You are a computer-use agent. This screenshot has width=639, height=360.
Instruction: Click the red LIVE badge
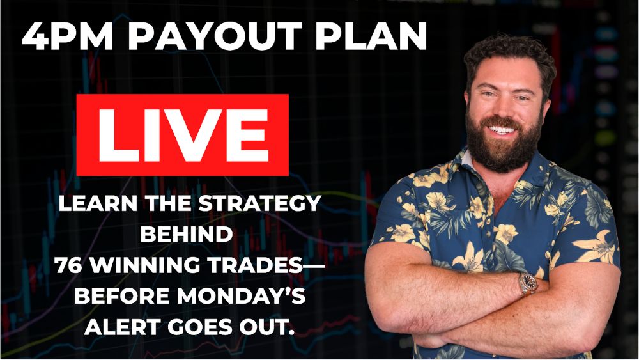183,135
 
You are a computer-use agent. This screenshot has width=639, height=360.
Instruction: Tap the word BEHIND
187,235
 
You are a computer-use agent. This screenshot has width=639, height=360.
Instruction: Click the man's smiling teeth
502,130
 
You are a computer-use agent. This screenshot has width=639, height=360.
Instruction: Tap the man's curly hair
510,56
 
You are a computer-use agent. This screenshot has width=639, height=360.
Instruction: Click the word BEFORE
121,297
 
